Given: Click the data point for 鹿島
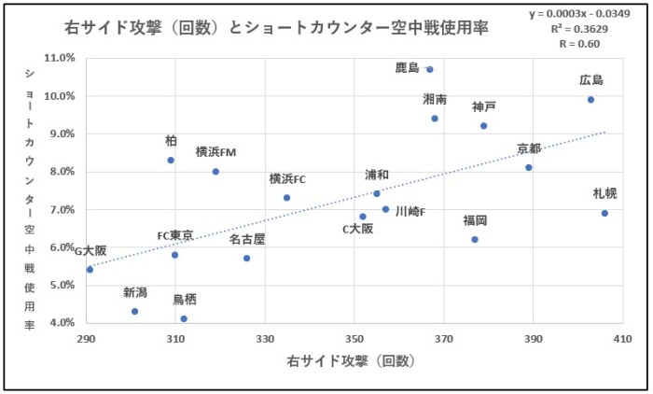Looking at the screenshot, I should [430, 69].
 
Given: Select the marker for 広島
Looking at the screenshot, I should [590, 100].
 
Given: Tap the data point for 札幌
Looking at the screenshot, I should [604, 214].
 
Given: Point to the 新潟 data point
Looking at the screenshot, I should [135, 312].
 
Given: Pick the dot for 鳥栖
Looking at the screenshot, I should [184, 319].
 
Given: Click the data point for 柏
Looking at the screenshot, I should [171, 160].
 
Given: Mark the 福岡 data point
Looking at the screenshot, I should [475, 240].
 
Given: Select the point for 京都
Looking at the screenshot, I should [529, 168].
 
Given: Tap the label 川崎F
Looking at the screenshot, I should [410, 211].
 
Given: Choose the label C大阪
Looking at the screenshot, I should [357, 228].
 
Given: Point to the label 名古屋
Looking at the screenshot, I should [247, 239].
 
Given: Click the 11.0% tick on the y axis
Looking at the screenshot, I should [61, 58].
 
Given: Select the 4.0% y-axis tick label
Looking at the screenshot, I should [61, 323].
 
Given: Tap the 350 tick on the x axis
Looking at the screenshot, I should [354, 338].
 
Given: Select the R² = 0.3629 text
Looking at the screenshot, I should [590, 28].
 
